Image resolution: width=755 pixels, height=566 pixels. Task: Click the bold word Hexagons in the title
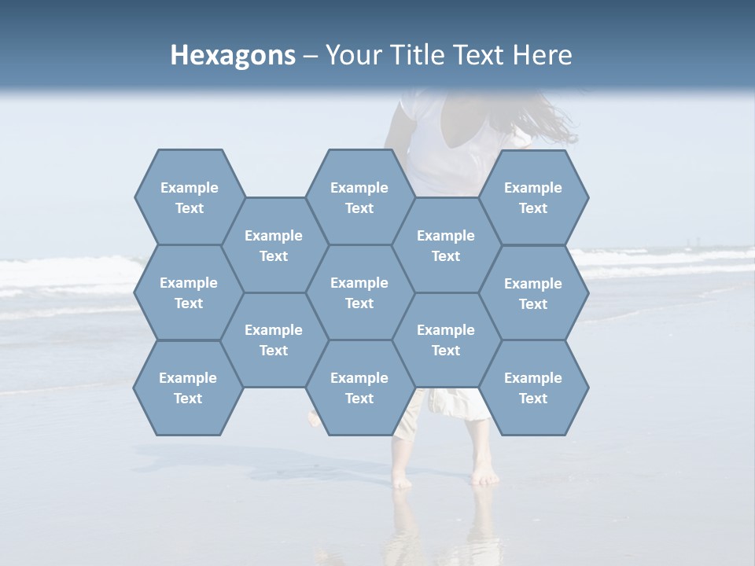tap(233, 55)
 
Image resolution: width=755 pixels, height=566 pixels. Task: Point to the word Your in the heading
tap(352, 55)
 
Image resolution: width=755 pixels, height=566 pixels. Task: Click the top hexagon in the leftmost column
tap(189, 197)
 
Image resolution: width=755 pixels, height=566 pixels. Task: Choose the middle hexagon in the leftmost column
tap(189, 292)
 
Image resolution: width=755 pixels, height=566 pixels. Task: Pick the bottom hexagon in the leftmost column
tap(188, 388)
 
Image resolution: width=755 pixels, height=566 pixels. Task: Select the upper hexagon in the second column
tap(274, 245)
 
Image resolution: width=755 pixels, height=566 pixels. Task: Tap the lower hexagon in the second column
tap(274, 340)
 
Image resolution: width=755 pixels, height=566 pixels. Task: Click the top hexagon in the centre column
tap(359, 197)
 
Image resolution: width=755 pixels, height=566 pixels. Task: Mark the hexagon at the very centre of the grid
tap(359, 292)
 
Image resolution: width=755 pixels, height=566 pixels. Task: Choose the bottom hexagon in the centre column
tap(359, 388)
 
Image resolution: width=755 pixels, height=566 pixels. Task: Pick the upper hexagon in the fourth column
tap(446, 245)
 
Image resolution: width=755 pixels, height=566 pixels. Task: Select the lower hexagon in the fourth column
tap(446, 340)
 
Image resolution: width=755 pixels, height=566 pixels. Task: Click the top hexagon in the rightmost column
tap(533, 197)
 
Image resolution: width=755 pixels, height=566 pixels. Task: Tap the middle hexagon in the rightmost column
tap(533, 293)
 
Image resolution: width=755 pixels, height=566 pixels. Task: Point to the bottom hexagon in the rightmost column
tap(533, 388)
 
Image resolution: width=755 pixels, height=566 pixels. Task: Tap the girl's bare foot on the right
tap(485, 476)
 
